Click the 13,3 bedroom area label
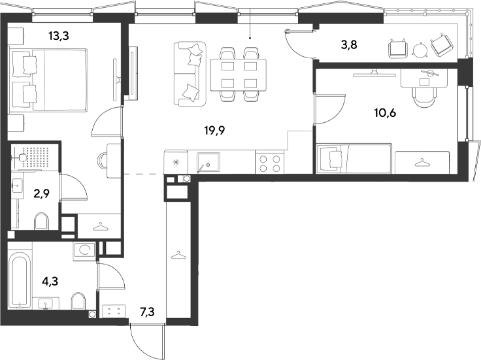59,36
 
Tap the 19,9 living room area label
215,131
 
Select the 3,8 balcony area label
349,45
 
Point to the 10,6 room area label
385,113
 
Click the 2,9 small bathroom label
42,194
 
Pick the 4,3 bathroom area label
50,281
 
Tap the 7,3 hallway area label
147,312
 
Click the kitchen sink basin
208,163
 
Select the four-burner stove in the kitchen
270,163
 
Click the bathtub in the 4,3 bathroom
20,280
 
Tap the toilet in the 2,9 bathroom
42,221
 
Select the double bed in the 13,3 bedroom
48,80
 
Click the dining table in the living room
239,75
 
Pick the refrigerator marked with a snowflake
176,162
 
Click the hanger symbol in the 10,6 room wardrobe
422,162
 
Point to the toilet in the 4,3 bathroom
78,301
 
